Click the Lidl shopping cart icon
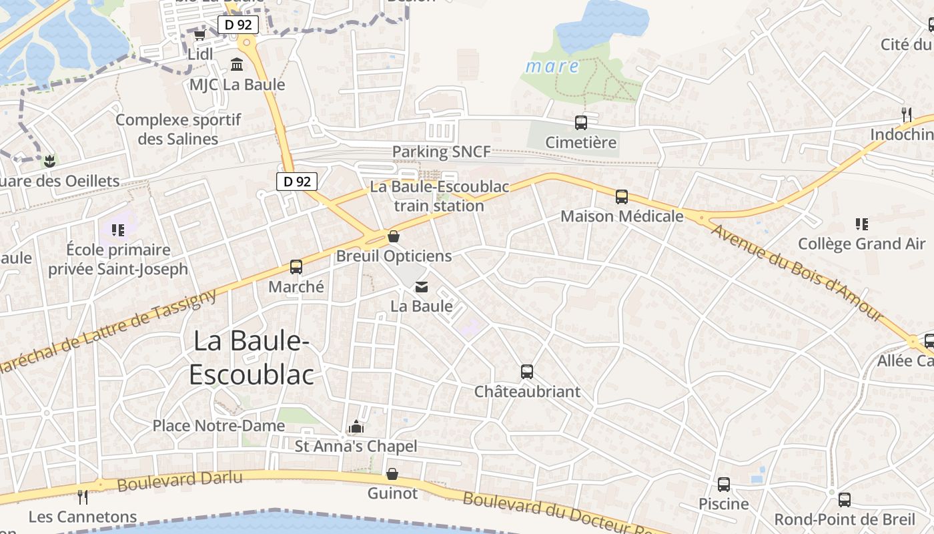coord(199,35)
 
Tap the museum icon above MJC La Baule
coord(237,65)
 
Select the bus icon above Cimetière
coord(581,123)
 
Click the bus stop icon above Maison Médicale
coord(622,197)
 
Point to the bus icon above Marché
coord(296,267)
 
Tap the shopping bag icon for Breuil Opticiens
coord(394,236)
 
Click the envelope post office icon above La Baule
coord(422,287)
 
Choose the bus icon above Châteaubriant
coord(527,372)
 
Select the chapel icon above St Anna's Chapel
coord(356,427)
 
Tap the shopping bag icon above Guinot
coord(392,474)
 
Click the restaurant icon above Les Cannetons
coord(83,497)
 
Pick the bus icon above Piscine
coord(724,485)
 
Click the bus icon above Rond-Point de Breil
coord(845,499)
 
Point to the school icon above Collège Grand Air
coord(861,224)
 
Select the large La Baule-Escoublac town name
coord(252,358)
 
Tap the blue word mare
coord(552,66)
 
